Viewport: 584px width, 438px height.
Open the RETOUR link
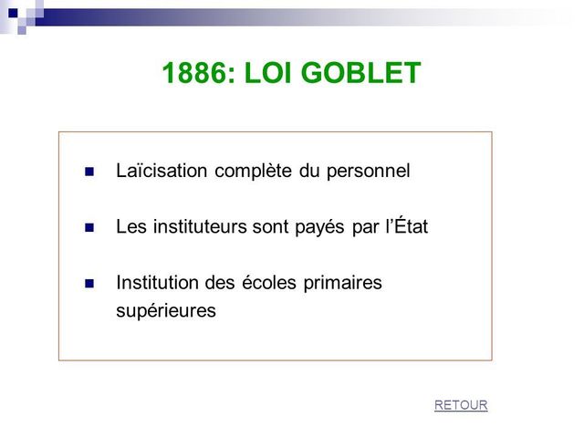click(461, 405)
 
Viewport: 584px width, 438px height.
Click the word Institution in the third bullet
click(158, 283)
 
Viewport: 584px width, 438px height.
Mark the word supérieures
click(166, 311)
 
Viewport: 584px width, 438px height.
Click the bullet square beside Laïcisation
click(89, 172)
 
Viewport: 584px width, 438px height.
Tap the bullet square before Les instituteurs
click(89, 227)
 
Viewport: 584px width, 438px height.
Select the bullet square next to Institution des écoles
click(89, 284)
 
